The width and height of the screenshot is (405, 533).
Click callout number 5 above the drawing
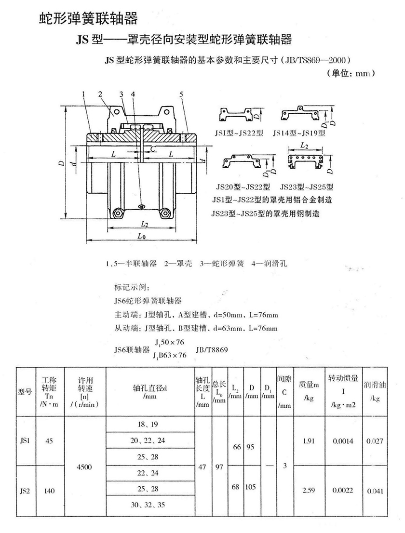pyautogui.click(x=182, y=94)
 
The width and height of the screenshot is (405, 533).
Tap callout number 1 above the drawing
pyautogui.click(x=83, y=94)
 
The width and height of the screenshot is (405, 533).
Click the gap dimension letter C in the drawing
pyautogui.click(x=153, y=148)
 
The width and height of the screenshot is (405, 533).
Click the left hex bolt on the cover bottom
pyautogui.click(x=118, y=213)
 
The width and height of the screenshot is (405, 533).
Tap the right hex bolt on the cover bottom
pyautogui.click(x=165, y=213)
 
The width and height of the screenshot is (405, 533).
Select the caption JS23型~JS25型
pyautogui.click(x=307, y=187)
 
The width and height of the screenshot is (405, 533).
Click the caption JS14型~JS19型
pyautogui.click(x=299, y=133)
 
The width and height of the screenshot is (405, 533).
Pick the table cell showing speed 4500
pyautogui.click(x=84, y=467)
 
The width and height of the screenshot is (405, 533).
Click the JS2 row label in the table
pyautogui.click(x=25, y=491)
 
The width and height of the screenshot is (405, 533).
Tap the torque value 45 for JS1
pyautogui.click(x=49, y=441)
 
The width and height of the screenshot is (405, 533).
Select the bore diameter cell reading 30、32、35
pyautogui.click(x=148, y=505)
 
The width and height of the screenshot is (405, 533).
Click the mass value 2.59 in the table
pyautogui.click(x=309, y=491)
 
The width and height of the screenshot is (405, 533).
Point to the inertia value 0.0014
pyautogui.click(x=343, y=441)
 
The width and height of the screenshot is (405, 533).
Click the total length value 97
pyautogui.click(x=219, y=467)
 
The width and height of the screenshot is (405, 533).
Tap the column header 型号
pyautogui.click(x=25, y=392)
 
